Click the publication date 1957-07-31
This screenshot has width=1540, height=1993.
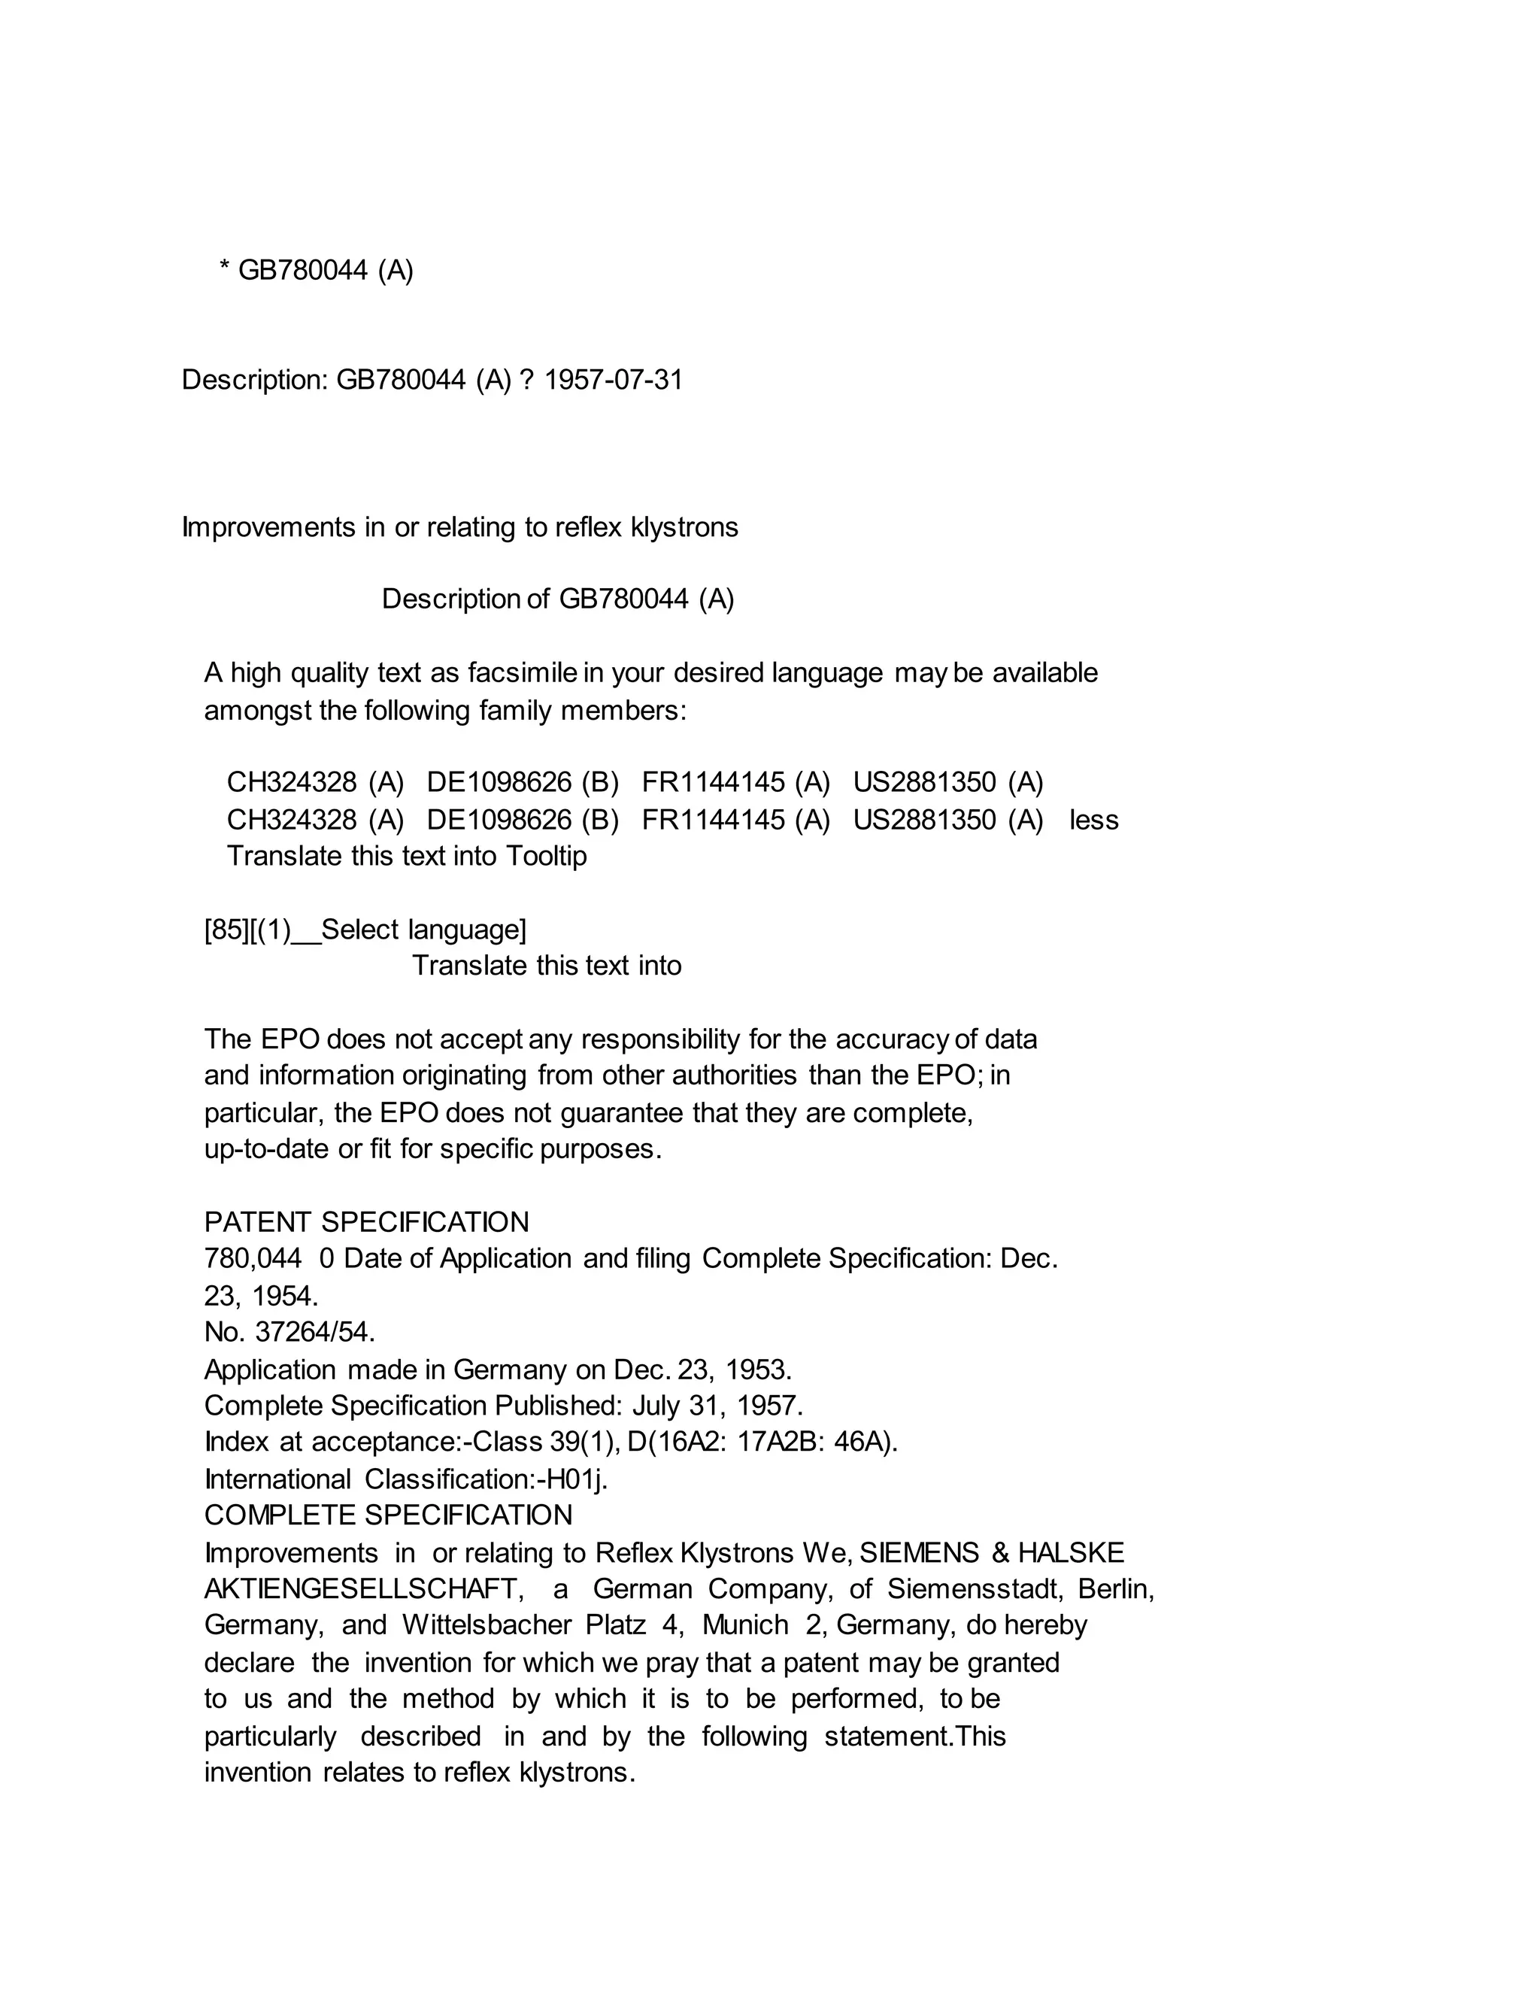613,380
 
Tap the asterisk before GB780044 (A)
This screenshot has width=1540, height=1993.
223,268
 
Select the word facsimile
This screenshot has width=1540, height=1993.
522,672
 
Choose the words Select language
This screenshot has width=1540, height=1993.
422,930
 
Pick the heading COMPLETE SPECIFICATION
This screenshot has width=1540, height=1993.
388,1515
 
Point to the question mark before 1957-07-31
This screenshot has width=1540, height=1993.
526,380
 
